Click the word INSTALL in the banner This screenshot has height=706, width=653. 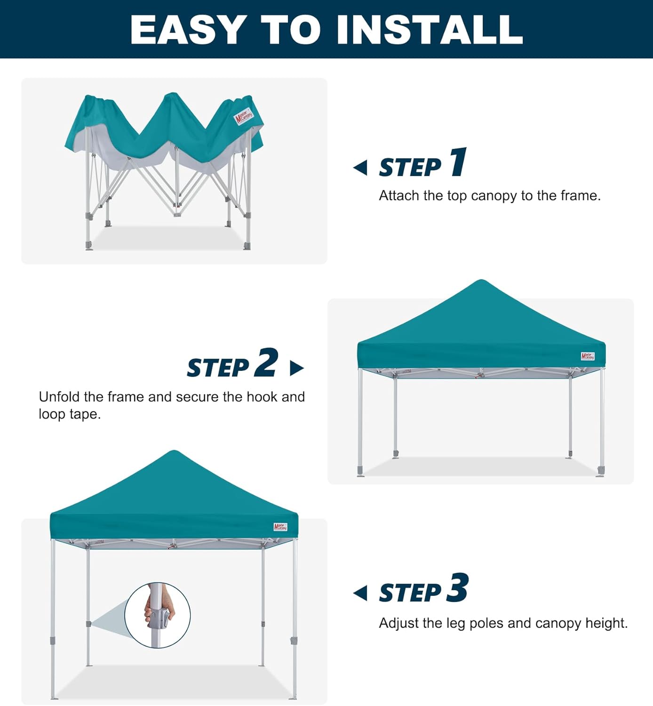tap(430, 30)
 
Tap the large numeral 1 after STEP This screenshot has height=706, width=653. tap(458, 162)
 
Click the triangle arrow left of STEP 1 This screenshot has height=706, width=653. tap(360, 168)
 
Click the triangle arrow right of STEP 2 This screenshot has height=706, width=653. tap(296, 368)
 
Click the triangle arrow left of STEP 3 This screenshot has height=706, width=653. tap(360, 593)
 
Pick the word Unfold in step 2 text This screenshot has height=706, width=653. tap(59, 397)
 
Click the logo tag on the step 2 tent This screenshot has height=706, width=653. tap(588, 356)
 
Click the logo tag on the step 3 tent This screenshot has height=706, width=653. tap(280, 527)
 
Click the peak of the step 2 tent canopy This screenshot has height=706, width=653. tap(481, 282)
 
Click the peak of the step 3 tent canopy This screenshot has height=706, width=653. tap(174, 453)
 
